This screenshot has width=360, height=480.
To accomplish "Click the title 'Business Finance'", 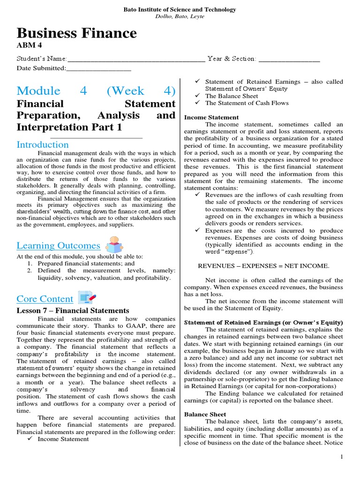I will (77, 33).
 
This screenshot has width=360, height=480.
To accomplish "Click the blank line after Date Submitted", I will (98, 68).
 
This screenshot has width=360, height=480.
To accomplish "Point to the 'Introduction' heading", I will (43, 144).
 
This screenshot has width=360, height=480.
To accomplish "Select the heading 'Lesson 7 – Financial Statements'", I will (73, 310).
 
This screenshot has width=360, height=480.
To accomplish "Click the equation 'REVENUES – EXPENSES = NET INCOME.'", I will (263, 266).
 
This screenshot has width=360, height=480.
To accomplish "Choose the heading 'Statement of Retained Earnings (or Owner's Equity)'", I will (263, 322).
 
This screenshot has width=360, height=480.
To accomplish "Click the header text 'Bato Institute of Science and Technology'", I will (180, 9).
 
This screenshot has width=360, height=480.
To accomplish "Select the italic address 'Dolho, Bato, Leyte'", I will (180, 16).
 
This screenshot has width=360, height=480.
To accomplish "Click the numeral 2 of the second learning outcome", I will (29, 270).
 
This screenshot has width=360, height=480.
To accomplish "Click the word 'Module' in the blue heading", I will (38, 90).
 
